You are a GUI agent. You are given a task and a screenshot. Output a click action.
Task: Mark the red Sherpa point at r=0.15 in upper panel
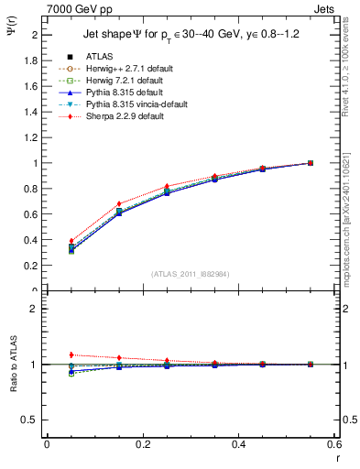coord(119,203)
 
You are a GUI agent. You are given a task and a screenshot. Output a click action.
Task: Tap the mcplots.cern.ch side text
coord(349,229)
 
